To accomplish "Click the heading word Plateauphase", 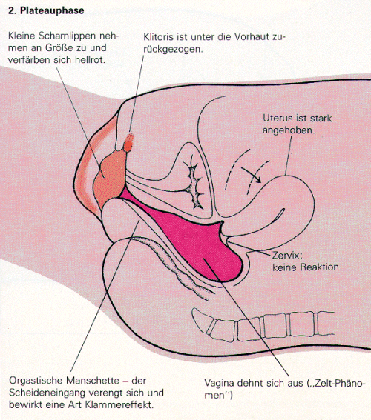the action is point(52,10).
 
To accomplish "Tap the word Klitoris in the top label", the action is point(158,37).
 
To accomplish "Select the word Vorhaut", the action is point(252,37).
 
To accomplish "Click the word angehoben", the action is point(289,130).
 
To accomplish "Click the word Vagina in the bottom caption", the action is point(218,383).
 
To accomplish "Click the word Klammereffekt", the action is point(119,404).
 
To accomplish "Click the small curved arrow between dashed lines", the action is point(252,175).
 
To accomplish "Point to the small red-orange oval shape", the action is point(128,142).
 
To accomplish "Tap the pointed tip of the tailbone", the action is point(194,310).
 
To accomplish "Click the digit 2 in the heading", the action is point(10,10).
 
